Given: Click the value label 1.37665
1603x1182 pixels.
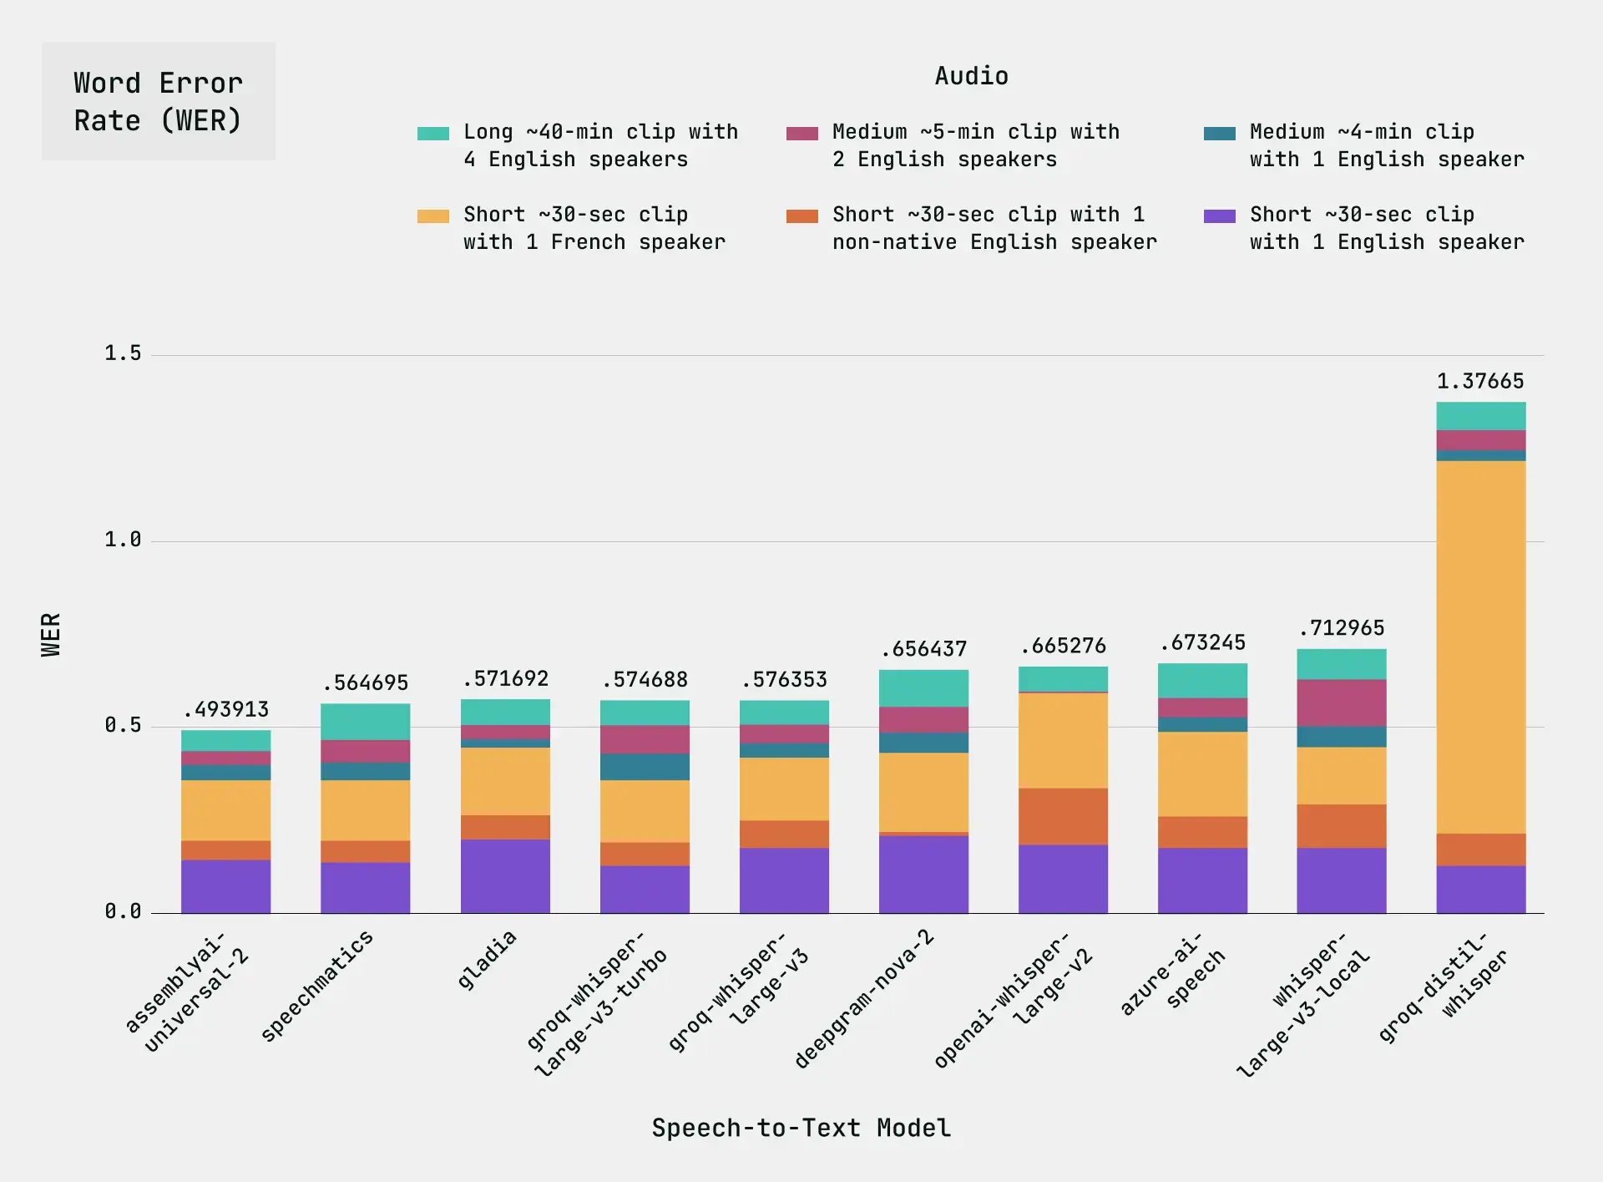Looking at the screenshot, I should pos(1479,382).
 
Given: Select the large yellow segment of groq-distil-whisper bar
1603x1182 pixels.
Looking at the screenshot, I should pos(1480,647).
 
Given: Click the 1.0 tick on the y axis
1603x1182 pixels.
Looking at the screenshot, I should pos(123,540).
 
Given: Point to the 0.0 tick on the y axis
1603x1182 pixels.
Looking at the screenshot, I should pos(123,911).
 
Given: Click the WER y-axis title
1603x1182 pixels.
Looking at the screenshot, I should pos(51,635).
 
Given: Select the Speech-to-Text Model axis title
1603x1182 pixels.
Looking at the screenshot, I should pos(801,1128).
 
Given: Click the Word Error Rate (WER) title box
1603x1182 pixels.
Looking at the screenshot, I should pos(159,101).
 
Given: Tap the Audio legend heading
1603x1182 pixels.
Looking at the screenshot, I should pos(971,76).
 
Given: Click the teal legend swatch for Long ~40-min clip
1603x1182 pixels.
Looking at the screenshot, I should pos(432,134).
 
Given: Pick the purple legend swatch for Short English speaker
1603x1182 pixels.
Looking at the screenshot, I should pos(1219,216).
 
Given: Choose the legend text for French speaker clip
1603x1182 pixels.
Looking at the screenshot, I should pos(594,228).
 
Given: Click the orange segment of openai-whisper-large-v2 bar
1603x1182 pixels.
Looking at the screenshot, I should pos(1063,816).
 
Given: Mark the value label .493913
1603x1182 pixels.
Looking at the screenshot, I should pos(226,710).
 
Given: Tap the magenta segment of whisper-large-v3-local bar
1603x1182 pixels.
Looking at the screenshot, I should pos(1341,703).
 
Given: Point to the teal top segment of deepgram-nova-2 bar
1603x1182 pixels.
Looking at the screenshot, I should pos(923,688).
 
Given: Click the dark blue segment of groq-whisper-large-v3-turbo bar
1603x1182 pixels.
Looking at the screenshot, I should pos(645,767).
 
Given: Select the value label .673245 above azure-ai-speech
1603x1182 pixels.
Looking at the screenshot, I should pos(1202,643).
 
